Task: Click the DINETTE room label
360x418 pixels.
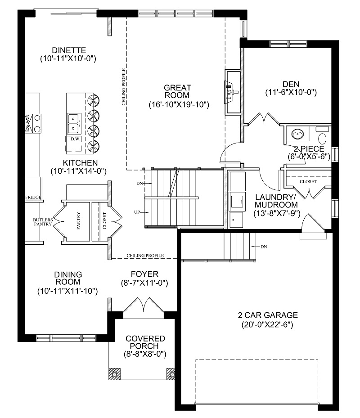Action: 68,50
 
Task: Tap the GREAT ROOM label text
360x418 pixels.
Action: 177,91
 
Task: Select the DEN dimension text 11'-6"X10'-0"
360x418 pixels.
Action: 291,93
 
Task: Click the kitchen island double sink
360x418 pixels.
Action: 74,124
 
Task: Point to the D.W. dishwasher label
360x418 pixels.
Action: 75,139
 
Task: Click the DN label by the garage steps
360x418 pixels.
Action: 265,247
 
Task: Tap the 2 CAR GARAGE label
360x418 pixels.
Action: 268,315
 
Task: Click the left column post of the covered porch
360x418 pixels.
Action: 114,373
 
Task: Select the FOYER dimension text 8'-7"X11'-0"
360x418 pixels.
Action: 144,283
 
